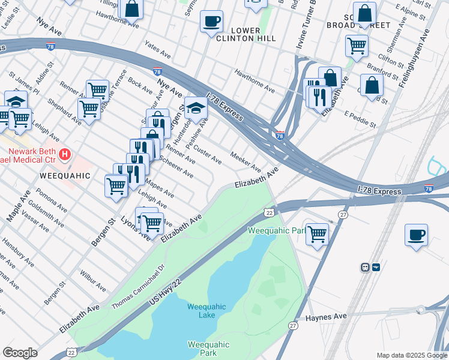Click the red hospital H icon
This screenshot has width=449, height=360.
click(65, 154)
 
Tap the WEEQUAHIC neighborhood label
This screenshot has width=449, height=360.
click(65, 176)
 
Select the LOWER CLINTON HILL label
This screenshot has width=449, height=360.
click(246, 34)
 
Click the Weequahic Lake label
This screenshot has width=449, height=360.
click(206, 311)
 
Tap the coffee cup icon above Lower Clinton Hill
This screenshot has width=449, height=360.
click(211, 22)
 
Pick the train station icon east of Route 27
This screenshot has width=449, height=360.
click(365, 267)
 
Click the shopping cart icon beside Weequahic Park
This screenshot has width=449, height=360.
click(317, 233)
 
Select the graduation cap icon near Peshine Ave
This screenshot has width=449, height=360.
click(196, 109)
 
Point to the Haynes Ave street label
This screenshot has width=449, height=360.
click(327, 317)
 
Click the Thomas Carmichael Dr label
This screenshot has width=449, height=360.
click(137, 288)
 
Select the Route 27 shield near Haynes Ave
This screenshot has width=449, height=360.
click(293, 325)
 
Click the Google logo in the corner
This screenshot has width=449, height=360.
click(20, 353)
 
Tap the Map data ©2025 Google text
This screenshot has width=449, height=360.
click(411, 355)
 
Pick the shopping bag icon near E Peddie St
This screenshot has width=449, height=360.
click(372, 85)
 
